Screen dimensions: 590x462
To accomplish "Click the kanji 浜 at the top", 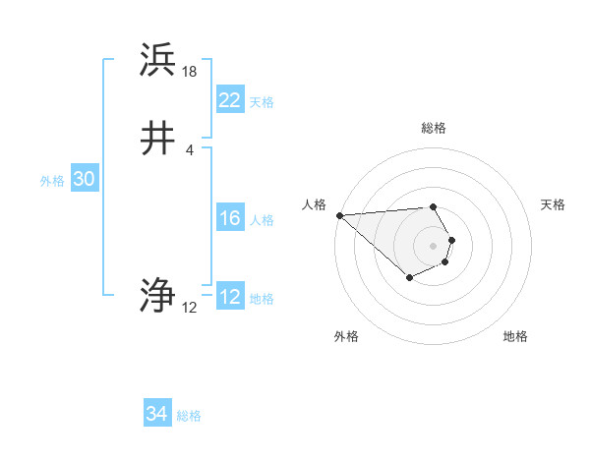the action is coord(158,61).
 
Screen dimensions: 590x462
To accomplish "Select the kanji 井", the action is coord(158,139).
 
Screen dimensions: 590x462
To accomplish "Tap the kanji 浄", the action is coord(158,295).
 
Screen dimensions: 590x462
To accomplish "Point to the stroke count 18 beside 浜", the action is coord(190,72).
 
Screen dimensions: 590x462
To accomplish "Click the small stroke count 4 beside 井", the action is coord(189,149).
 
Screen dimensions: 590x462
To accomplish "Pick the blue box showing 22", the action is coord(229,100).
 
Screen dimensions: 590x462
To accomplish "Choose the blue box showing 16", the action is coord(229,218).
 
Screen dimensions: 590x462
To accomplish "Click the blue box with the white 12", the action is coord(229,297).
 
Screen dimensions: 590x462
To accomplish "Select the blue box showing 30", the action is coord(84,179).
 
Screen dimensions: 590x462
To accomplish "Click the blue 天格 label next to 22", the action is coord(262,102).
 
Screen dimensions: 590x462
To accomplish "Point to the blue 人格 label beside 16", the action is coord(262,220).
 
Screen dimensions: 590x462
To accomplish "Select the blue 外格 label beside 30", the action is coord(52,181).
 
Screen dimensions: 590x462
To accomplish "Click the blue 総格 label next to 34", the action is coord(189,416).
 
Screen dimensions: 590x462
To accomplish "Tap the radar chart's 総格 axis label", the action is coord(433,128).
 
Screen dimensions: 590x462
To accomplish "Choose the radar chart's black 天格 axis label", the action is coord(554,204).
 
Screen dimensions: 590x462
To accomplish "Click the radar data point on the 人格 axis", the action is coord(339,215).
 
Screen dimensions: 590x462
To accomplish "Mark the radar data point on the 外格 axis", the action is coord(409,278).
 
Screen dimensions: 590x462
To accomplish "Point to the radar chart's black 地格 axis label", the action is coord(515,336).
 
